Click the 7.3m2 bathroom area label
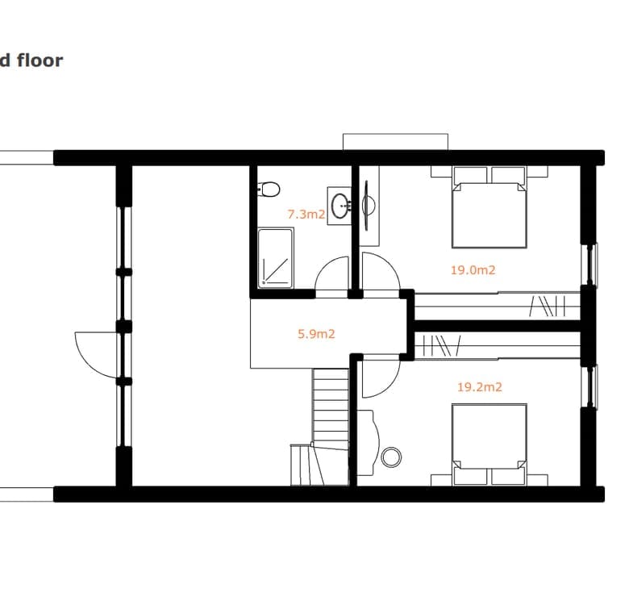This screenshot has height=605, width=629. pos(306,215)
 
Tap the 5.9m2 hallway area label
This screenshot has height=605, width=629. pos(316,334)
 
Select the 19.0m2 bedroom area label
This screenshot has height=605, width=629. pos(473,269)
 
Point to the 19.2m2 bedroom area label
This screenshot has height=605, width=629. pos(480,386)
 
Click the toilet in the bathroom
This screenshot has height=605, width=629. pos(268,189)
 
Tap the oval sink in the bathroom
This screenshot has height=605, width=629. pos(341,206)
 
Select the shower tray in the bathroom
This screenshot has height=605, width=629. pos(275,258)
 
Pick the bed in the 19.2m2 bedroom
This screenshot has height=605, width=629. pos(489,444)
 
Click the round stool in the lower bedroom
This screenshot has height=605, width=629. pos(391,457)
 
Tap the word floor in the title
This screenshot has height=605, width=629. pos(40,60)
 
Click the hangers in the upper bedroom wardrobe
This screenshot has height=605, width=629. pos(548,306)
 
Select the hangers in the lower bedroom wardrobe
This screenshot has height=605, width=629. pos(442,345)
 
